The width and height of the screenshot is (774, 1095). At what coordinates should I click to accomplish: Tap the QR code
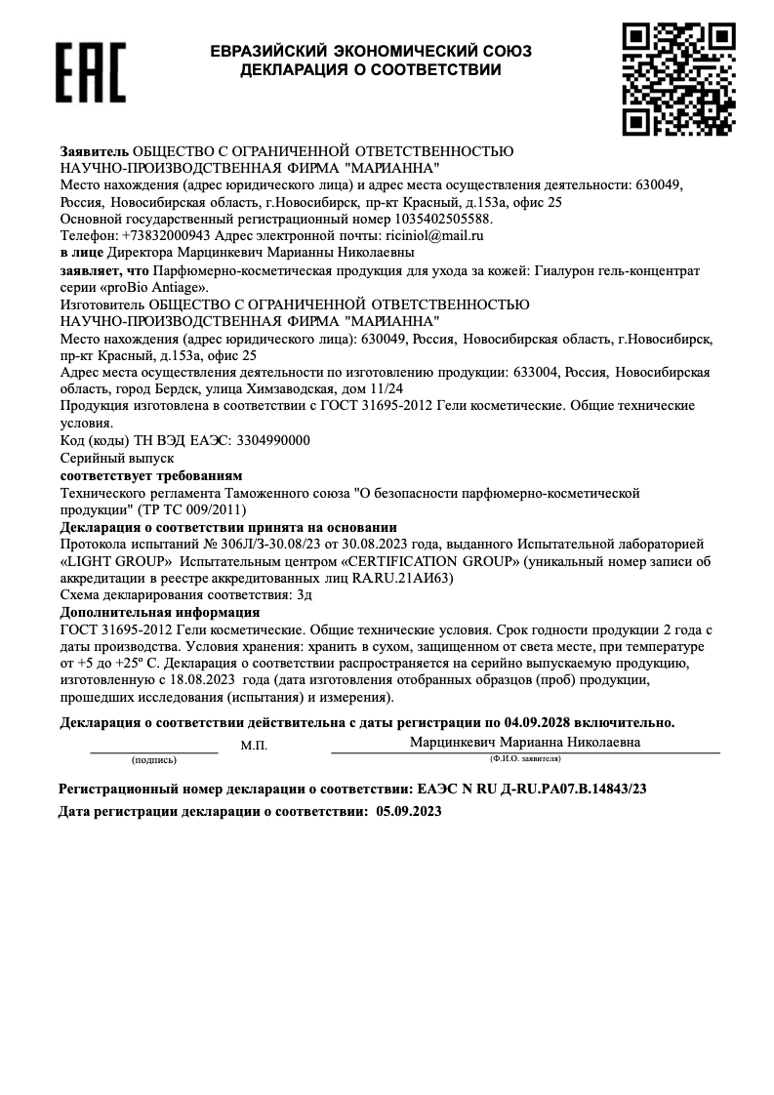(678, 78)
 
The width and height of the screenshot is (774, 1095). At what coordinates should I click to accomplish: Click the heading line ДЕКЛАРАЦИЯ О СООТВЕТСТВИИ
(371, 70)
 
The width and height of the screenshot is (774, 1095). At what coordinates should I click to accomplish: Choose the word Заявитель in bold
(94, 153)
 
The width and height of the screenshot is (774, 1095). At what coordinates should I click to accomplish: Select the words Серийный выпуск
(102, 457)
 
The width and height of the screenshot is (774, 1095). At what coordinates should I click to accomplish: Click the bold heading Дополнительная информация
(160, 612)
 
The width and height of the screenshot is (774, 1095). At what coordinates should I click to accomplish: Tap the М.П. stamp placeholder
(254, 746)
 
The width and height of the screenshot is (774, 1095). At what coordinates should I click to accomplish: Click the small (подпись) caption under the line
(153, 758)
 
